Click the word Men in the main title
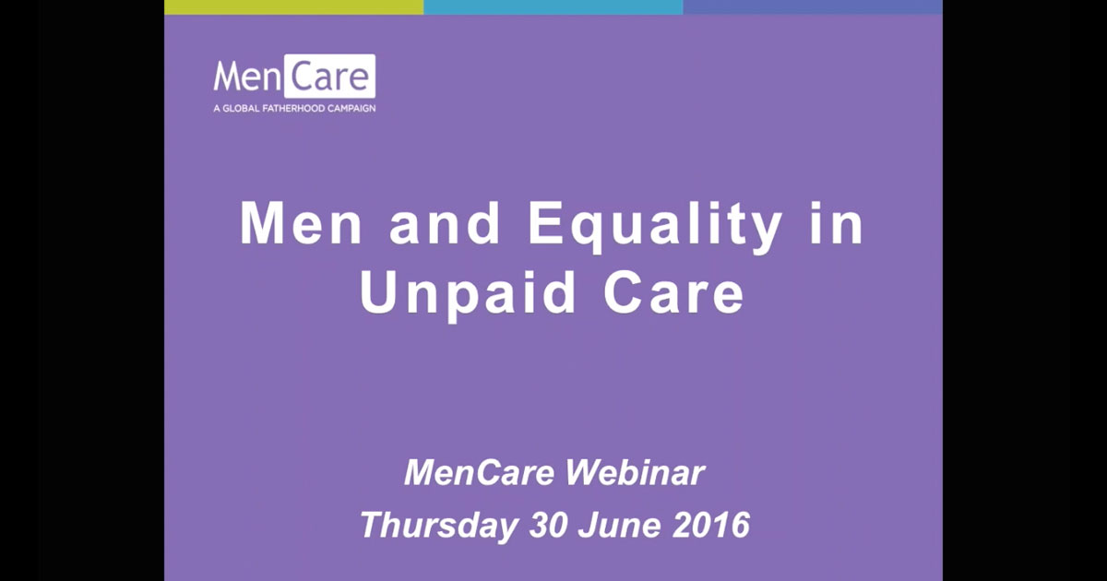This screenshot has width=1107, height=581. [x=301, y=223]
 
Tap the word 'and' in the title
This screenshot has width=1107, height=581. [x=445, y=223]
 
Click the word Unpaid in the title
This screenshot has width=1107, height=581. [x=468, y=294]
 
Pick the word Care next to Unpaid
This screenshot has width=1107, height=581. [x=673, y=293]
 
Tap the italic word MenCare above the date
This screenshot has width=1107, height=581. [x=480, y=473]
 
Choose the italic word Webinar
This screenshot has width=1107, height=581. [x=635, y=472]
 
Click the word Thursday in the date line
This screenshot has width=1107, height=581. [x=439, y=526]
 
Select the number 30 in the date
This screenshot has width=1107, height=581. [x=548, y=525]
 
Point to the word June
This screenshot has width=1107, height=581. [x=619, y=525]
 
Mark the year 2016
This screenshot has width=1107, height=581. [x=711, y=525]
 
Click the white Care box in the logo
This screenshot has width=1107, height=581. [x=329, y=76]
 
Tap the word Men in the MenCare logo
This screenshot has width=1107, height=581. [x=247, y=77]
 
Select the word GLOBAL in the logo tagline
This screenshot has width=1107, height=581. [x=241, y=108]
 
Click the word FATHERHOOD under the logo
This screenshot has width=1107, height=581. [x=293, y=108]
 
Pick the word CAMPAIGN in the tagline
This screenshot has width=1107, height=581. [x=351, y=108]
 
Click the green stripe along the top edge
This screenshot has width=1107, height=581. [x=294, y=7]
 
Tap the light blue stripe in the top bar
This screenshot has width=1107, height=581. [x=553, y=7]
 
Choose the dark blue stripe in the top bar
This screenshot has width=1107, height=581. [x=813, y=7]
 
